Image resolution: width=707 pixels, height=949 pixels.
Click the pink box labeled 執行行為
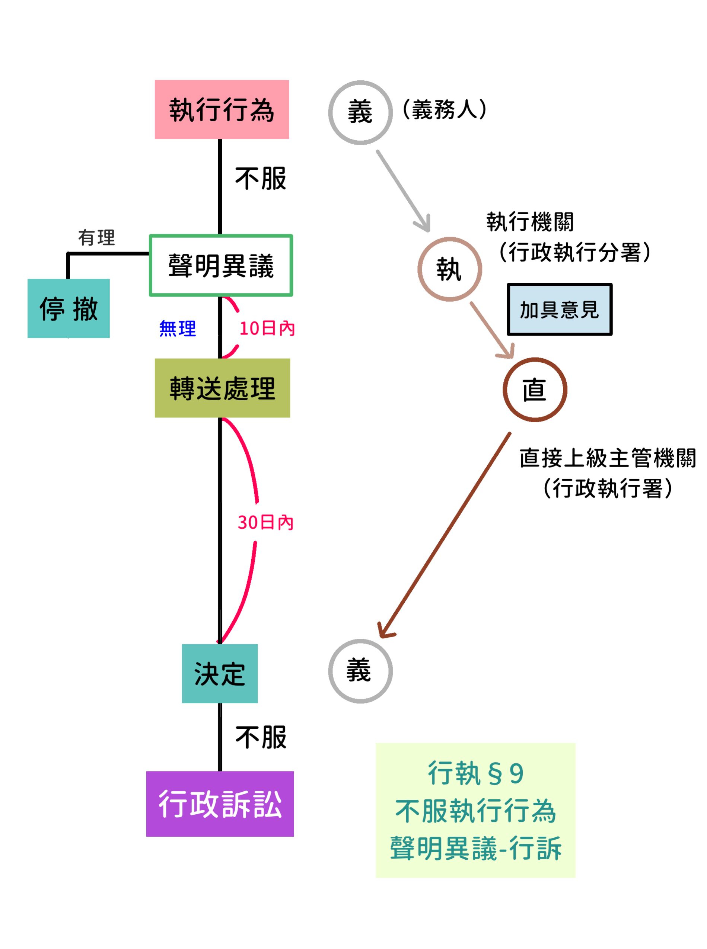pos(222,109)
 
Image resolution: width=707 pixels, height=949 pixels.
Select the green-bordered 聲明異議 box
pos(221,265)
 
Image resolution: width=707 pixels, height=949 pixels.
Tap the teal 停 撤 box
pos(69,308)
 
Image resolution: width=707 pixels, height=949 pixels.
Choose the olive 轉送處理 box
pos(222,388)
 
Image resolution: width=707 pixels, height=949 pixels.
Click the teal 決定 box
pos(220,674)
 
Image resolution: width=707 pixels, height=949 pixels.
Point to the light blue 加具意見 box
pos(559,309)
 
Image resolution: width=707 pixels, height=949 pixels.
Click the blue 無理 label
pos(178,328)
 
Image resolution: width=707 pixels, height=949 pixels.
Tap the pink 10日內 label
pos(267,328)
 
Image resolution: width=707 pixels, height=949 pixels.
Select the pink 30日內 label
pos(265,523)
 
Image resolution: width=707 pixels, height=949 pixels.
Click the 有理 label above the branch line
pos(97,237)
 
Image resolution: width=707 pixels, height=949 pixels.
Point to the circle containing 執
pos(449,269)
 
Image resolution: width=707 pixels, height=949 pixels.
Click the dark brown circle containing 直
pos(535,389)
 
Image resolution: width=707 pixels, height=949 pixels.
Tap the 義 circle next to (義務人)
pos(360,112)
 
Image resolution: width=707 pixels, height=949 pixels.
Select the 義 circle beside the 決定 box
pos(360,671)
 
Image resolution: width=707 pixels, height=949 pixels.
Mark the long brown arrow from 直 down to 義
pos(445,535)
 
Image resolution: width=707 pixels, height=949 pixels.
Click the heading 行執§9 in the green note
pos(475,773)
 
